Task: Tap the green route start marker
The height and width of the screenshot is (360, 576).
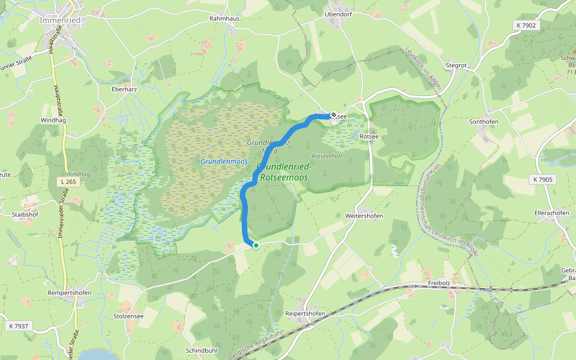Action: pyautogui.click(x=256, y=245)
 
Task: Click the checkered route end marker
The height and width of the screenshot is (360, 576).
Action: pyautogui.click(x=334, y=115)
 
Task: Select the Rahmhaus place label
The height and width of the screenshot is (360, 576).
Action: pyautogui.click(x=224, y=19)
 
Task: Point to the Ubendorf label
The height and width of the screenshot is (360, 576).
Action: pyautogui.click(x=337, y=14)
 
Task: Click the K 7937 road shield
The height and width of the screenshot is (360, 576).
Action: pyautogui.click(x=19, y=326)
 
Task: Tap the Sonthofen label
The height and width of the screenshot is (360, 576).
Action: pyautogui.click(x=484, y=121)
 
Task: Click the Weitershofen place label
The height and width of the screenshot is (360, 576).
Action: pyautogui.click(x=364, y=215)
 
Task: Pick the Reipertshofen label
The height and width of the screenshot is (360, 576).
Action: pyautogui.click(x=305, y=314)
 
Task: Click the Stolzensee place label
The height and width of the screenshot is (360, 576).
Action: pyautogui.click(x=128, y=316)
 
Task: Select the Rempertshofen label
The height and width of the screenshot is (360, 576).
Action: pyautogui.click(x=70, y=293)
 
